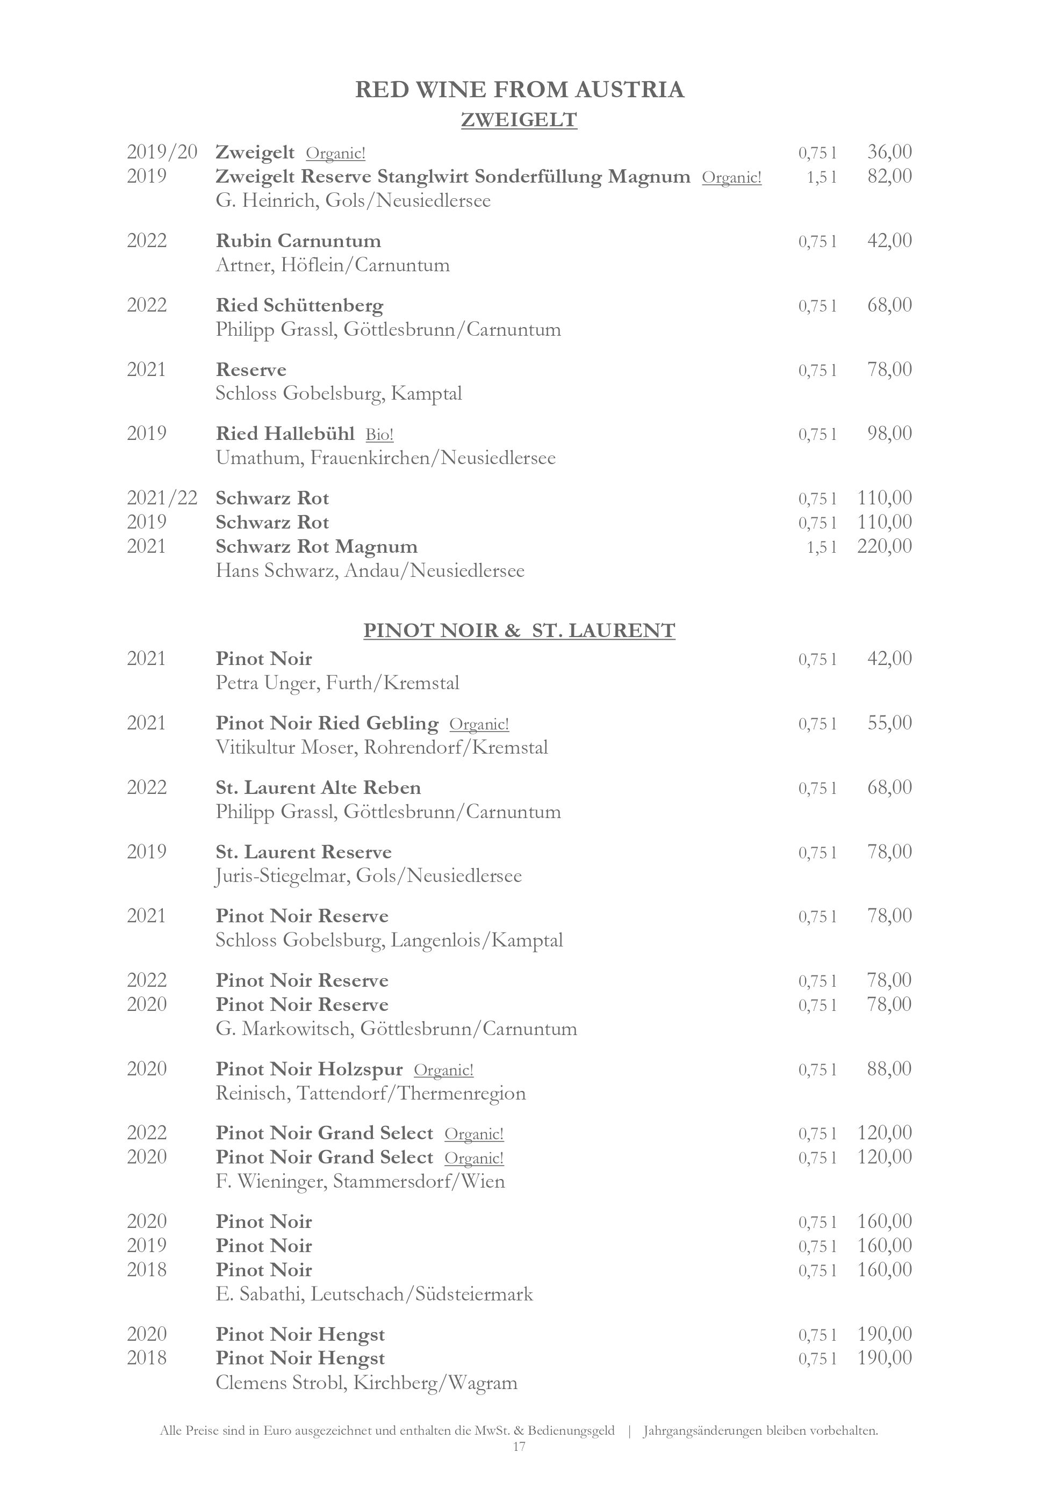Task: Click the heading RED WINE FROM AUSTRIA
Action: [519, 90]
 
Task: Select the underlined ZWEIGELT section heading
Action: [519, 120]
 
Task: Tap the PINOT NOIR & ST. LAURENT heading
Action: [519, 630]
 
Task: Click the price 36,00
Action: [889, 152]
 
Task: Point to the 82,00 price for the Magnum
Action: [889, 176]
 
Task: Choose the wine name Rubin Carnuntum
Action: [298, 241]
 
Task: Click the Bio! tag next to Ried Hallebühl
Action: [379, 435]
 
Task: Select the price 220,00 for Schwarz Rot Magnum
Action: [884, 546]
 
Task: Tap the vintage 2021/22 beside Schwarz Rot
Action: [162, 498]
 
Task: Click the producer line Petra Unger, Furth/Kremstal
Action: [337, 683]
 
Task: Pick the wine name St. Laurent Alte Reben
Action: [319, 787]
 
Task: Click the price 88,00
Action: [889, 1069]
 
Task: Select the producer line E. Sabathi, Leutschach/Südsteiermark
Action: [374, 1295]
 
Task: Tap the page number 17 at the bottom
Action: [519, 1447]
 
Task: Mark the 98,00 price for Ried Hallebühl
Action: [889, 433]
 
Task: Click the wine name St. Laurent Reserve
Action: [303, 852]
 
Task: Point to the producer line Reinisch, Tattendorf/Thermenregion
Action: [371, 1093]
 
